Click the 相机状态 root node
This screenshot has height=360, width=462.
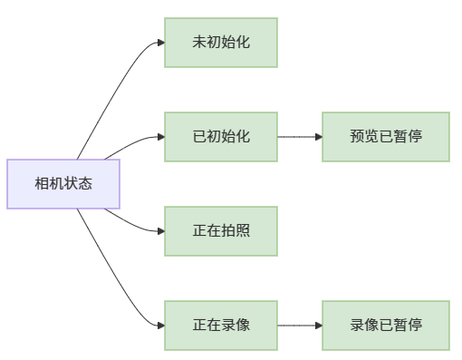(63, 184)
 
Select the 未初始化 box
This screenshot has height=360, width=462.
(220, 43)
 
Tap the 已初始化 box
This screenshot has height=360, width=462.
(220, 137)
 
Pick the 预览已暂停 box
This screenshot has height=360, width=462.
(385, 137)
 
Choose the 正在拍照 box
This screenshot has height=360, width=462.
(220, 230)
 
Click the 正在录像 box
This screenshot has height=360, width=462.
(220, 325)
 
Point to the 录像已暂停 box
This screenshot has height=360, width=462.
(385, 325)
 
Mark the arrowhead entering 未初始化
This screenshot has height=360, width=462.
(160, 43)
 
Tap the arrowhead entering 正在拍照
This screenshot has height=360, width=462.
(160, 230)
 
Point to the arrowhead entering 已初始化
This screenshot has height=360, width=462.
(160, 137)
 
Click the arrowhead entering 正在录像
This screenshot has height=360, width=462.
(160, 325)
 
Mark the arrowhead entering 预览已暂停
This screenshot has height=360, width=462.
(318, 137)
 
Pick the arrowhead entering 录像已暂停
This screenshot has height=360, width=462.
(318, 325)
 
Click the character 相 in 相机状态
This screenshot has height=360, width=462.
(42, 184)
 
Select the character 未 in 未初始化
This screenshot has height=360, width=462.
(199, 43)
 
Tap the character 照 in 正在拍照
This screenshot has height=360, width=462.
(243, 230)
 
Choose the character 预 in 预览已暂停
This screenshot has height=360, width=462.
(357, 137)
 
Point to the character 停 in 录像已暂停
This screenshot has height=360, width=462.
(415, 325)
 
